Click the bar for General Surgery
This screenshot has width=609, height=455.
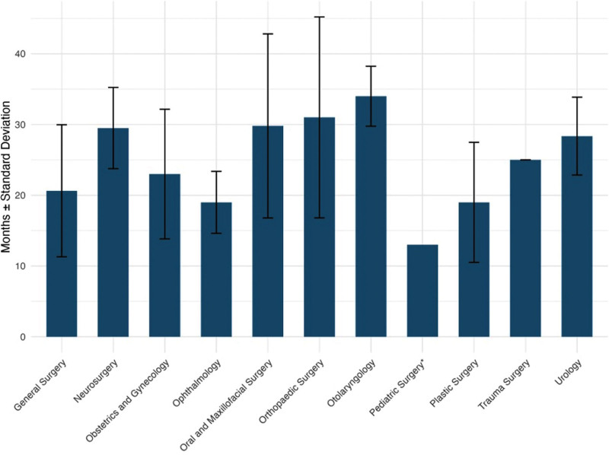click(x=62, y=263)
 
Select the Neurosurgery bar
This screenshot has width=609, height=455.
click(x=113, y=232)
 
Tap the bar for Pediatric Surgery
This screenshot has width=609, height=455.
click(x=422, y=291)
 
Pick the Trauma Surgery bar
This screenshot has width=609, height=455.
click(x=525, y=248)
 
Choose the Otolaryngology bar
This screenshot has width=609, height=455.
click(x=371, y=216)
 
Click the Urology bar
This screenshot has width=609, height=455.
click(x=577, y=237)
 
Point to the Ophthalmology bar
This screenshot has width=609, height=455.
click(x=216, y=269)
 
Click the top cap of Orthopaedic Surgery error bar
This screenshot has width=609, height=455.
click(x=319, y=17)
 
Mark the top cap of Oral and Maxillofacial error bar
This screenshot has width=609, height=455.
click(x=268, y=34)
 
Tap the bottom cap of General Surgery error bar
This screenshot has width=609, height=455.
click(x=62, y=256)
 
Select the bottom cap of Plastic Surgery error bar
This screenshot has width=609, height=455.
click(x=473, y=262)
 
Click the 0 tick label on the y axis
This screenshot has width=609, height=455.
click(x=24, y=337)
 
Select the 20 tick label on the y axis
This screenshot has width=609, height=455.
click(x=21, y=196)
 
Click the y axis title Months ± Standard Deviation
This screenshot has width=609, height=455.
click(x=6, y=177)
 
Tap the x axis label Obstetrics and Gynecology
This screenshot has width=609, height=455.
click(x=128, y=401)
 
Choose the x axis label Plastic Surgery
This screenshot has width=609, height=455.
click(x=454, y=383)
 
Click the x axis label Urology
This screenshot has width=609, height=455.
click(x=569, y=372)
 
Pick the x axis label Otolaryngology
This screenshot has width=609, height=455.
click(x=352, y=383)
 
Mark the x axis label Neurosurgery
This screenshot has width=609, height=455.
click(x=96, y=380)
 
